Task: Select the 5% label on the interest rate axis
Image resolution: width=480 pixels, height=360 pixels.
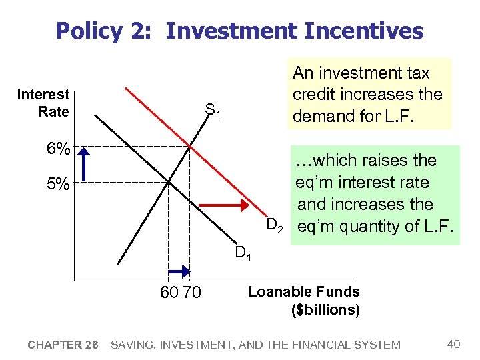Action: coord(59,184)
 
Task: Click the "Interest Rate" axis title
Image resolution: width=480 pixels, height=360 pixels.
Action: coord(43,103)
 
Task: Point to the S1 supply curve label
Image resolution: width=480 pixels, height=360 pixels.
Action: coord(213,110)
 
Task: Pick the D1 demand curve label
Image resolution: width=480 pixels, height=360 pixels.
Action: coord(243,254)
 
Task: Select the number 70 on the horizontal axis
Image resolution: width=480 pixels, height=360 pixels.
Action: coord(191,292)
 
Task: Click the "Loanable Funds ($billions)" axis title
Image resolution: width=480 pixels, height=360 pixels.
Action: coord(304,301)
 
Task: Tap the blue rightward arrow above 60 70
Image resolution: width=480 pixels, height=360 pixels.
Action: coord(179,271)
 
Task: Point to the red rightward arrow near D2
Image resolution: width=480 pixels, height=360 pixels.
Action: coord(223,204)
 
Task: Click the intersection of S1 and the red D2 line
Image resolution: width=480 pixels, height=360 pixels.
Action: coord(190,147)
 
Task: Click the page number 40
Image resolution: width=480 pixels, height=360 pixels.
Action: coord(453,344)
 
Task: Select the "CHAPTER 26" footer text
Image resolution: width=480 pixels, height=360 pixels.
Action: coord(63,345)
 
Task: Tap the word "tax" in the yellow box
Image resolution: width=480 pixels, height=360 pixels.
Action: coord(414,73)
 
